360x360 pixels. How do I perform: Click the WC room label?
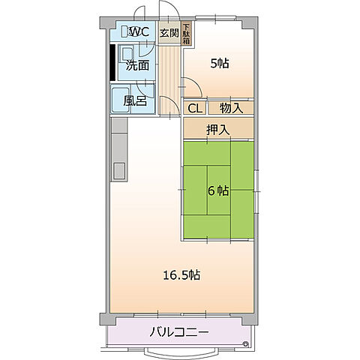140,32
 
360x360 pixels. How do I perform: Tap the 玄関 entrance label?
169,32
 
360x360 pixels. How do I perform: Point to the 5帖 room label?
219,64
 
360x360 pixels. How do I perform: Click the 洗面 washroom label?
136,65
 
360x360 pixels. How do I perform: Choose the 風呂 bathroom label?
136,99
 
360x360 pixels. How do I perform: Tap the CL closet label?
194,109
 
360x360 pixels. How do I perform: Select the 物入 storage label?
231,109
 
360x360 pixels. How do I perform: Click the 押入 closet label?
217,130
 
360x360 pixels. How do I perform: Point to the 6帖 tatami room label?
218,190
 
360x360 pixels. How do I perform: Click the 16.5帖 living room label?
181,274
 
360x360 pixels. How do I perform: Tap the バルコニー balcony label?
178,331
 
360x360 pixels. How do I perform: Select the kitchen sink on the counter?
119,170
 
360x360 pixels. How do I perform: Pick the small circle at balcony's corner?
245,344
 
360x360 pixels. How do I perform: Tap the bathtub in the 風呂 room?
121,99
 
